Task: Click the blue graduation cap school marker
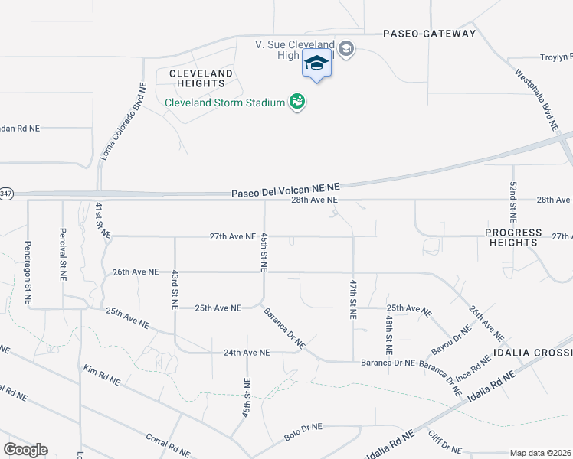pos(316,64)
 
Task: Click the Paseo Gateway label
pos(430,34)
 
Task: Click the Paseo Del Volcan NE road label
pos(285,189)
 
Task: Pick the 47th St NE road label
pos(354,299)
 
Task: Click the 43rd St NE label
pos(175,289)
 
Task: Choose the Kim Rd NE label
pos(102,374)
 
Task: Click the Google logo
pos(26,450)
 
